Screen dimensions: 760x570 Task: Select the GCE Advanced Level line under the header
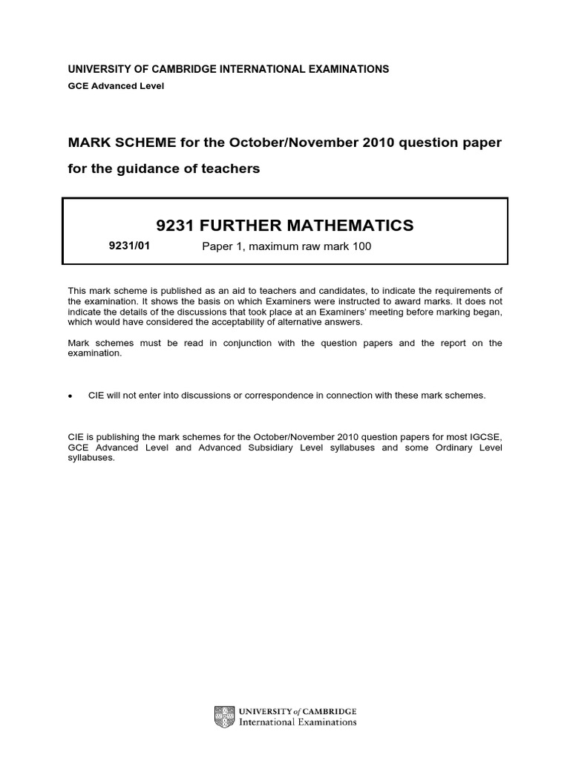pyautogui.click(x=116, y=85)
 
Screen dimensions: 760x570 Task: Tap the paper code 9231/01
pyautogui.click(x=129, y=246)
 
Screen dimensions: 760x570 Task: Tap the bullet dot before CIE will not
pyautogui.click(x=71, y=396)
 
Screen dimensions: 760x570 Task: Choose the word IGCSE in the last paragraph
pyautogui.click(x=486, y=437)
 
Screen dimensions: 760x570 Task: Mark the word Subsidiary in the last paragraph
pyautogui.click(x=275, y=448)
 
